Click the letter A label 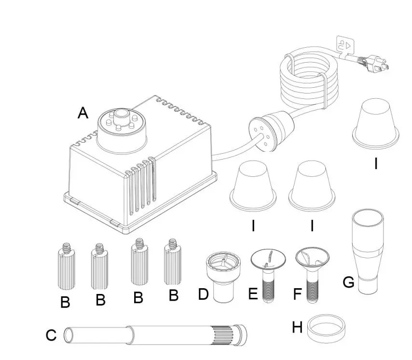point(83,113)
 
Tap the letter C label point(51,335)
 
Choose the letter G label point(349,282)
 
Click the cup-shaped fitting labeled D point(220,276)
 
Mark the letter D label point(204,293)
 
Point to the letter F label point(297,293)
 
